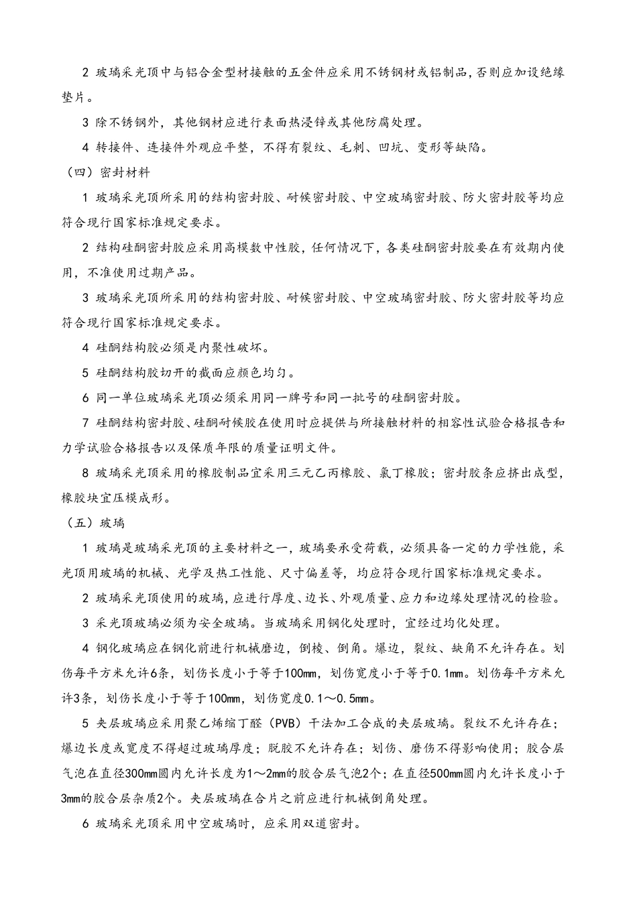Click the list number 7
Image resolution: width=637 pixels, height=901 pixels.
[x=86, y=423]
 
